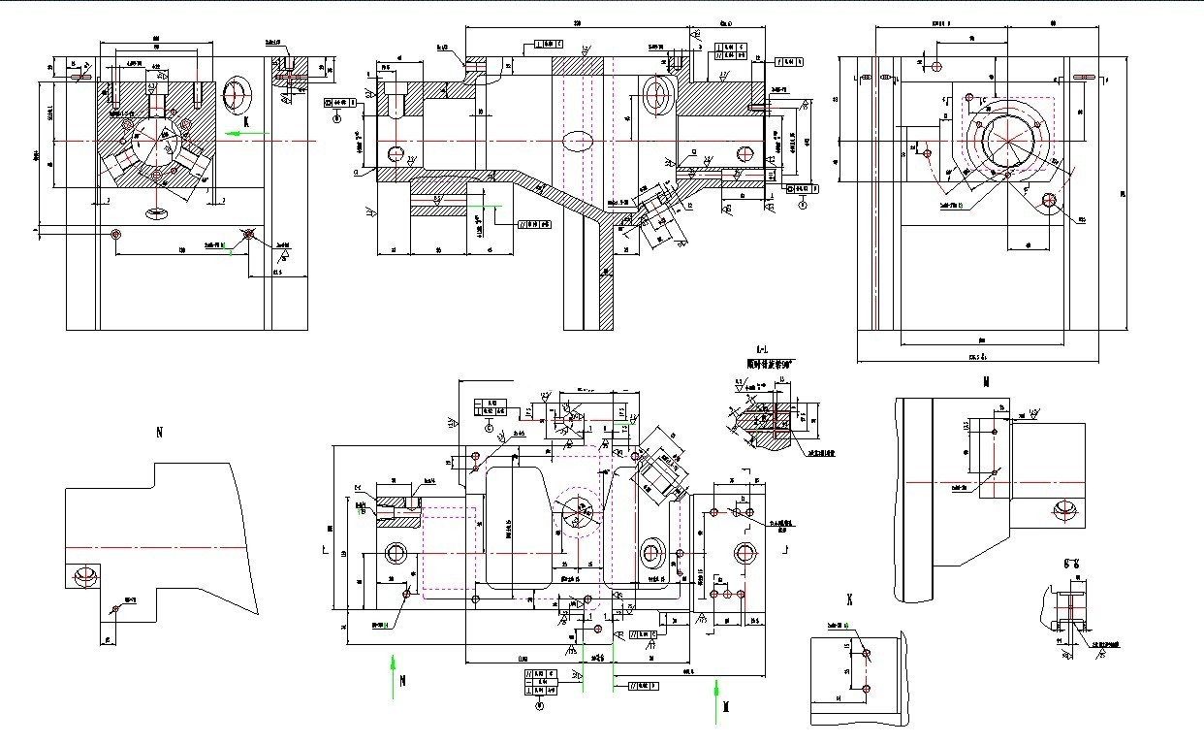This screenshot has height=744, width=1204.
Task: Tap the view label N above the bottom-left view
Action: pos(159,433)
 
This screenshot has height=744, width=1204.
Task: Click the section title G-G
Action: pos(1071,563)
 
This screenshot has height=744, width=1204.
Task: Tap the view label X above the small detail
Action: pos(850,599)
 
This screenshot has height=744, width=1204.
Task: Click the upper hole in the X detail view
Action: pos(865,652)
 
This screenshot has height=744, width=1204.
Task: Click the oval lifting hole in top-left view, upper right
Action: pos(237,95)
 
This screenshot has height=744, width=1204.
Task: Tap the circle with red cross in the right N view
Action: pos(1065,509)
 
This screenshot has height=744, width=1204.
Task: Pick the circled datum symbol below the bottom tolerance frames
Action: pos(539,707)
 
